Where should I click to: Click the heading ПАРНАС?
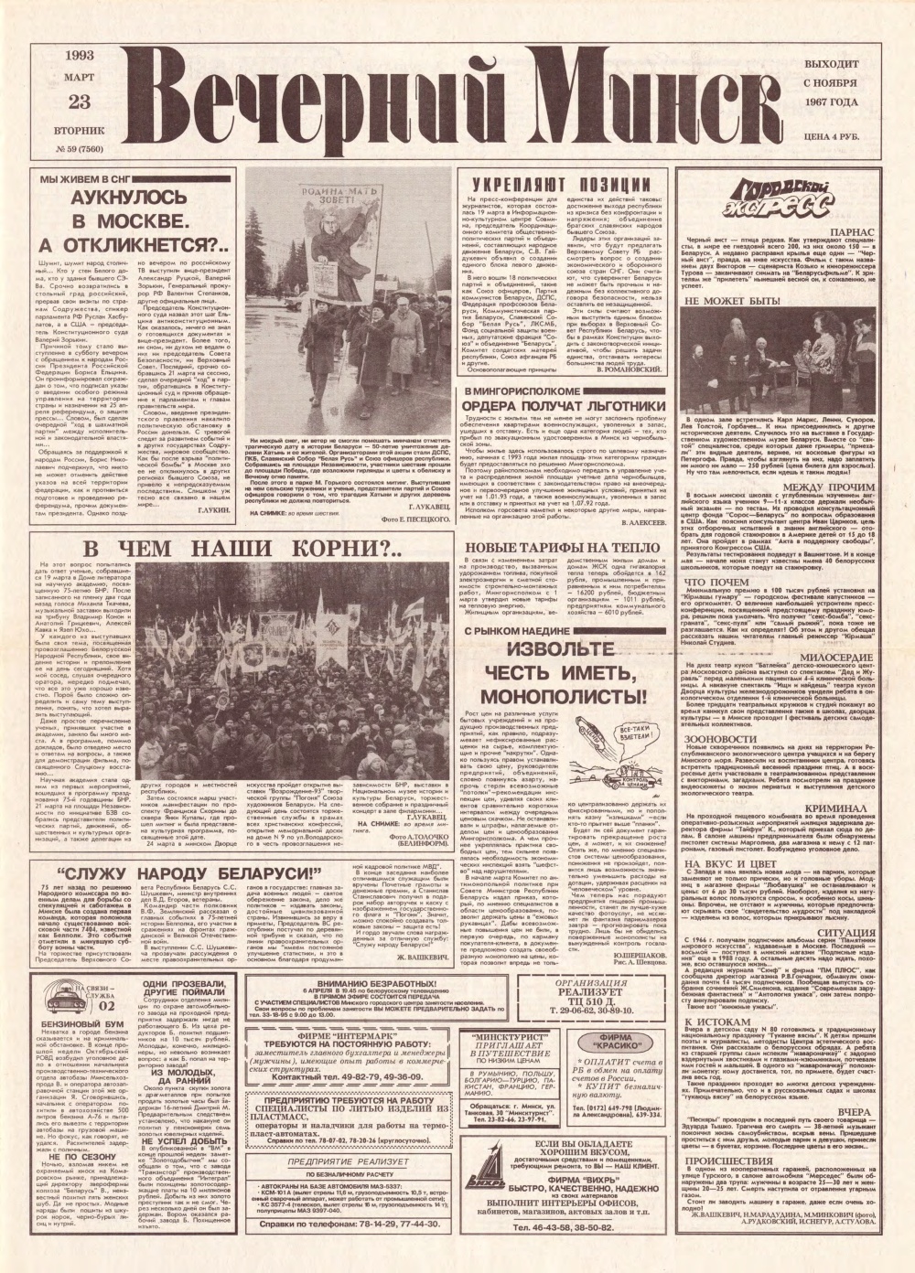click(x=856, y=234)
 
